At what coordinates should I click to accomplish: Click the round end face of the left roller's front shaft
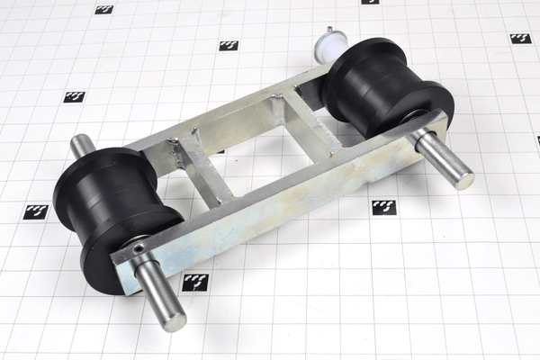click(x=175, y=321)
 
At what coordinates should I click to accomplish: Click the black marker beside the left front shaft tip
click(x=195, y=282)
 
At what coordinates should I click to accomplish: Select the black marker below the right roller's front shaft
click(x=383, y=207)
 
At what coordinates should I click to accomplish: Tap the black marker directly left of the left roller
click(x=36, y=211)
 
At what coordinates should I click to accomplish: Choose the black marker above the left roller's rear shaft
click(x=74, y=96)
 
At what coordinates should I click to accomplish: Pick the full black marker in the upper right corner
click(x=520, y=39)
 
